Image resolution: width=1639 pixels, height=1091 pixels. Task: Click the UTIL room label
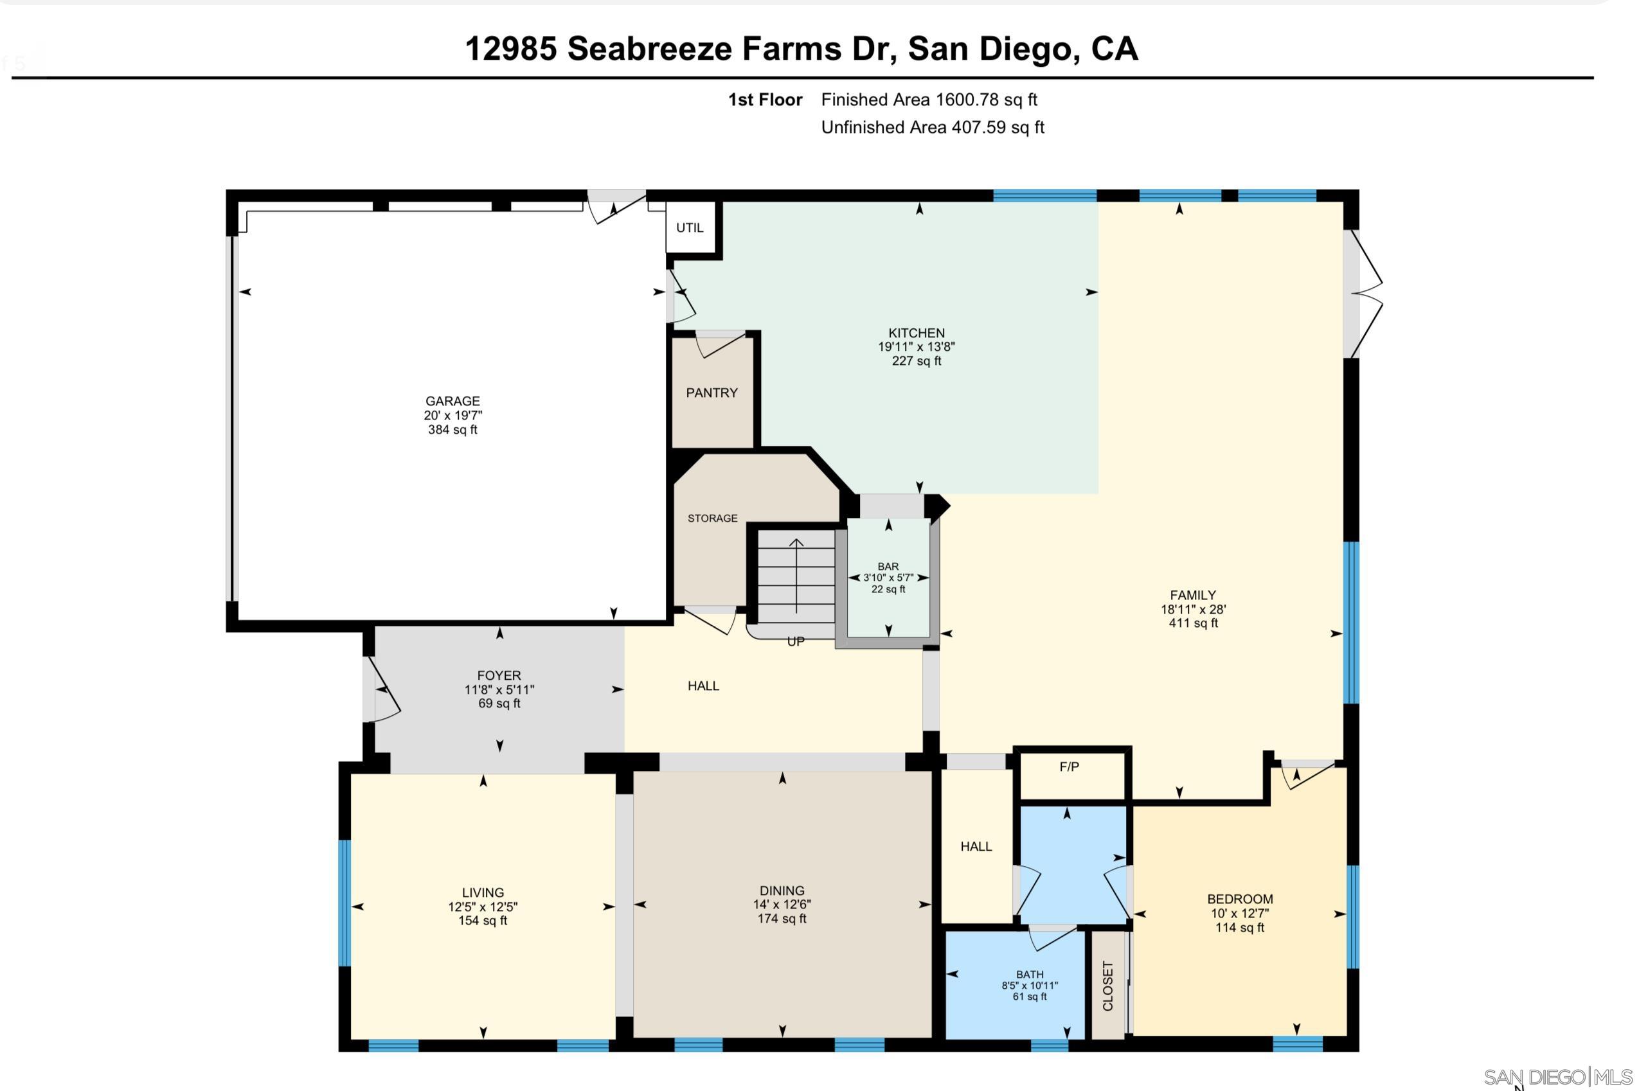[x=689, y=228]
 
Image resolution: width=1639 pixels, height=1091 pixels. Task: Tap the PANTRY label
[x=712, y=393]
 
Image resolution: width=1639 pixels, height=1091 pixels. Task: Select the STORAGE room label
[x=712, y=519]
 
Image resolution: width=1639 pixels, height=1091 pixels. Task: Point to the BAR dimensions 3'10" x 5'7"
[x=888, y=578]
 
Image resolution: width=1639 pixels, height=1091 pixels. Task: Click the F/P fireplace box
[x=1069, y=767]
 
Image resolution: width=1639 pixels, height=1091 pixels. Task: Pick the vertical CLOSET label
[x=1107, y=986]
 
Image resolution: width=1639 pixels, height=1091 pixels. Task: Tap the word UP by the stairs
[x=796, y=641]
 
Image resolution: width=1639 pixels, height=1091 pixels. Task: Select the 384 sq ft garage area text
[x=452, y=430]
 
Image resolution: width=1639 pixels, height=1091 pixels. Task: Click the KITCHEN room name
[x=916, y=333]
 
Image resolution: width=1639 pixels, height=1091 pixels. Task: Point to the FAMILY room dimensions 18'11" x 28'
[x=1193, y=610]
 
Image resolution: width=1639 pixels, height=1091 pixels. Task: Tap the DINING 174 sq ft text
[x=782, y=918]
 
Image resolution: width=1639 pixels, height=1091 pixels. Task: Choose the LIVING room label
[x=482, y=892]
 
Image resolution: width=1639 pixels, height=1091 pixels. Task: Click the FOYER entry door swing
[x=385, y=690]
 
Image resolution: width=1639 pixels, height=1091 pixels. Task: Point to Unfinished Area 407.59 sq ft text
[x=932, y=127]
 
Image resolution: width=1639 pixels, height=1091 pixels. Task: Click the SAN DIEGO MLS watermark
[x=1557, y=1077]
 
